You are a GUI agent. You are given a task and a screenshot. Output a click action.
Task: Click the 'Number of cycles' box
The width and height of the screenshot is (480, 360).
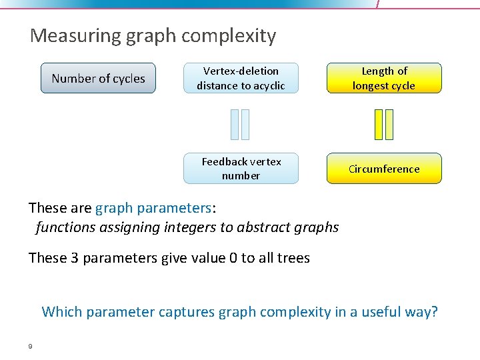98,78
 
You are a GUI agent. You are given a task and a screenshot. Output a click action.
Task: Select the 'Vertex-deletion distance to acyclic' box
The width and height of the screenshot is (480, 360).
241,78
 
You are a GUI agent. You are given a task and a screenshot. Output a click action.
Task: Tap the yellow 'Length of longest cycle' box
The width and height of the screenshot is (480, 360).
384,78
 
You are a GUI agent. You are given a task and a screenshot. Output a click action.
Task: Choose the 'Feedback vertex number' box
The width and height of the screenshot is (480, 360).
241,169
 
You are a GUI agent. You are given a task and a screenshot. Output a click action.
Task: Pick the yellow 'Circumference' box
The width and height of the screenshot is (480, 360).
384,169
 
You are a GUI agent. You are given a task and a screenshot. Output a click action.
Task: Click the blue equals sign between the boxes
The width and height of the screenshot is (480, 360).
240,124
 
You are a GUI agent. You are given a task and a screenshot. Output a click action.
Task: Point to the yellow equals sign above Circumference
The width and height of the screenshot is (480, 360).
384,124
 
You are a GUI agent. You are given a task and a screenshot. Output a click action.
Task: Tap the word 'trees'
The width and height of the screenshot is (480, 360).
293,258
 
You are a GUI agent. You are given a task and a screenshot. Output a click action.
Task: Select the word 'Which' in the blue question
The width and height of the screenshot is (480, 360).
61,311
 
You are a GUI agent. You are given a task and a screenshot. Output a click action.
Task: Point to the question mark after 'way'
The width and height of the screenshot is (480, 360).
435,311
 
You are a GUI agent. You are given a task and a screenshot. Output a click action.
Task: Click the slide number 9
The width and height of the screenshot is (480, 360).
31,345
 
